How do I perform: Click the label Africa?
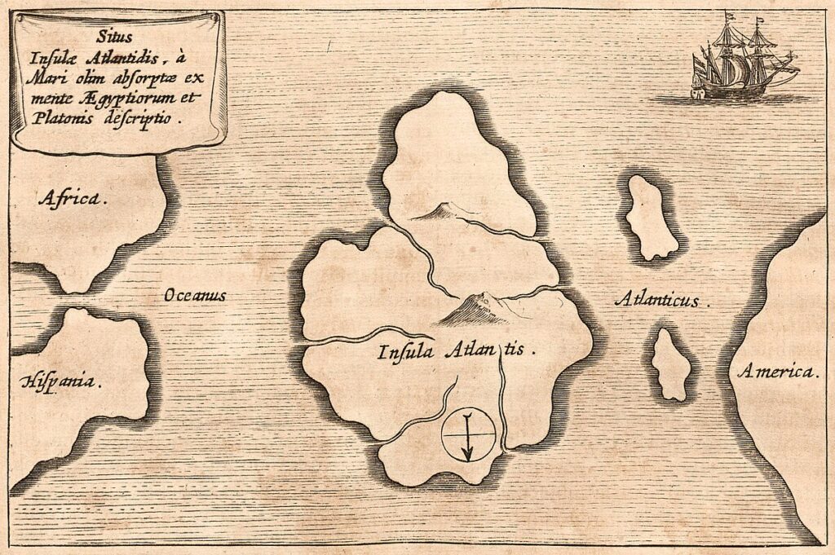click(x=73, y=198)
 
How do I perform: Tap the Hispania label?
click(x=62, y=381)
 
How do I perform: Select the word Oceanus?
click(x=195, y=295)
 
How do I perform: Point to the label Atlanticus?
click(x=661, y=301)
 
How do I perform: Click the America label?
click(x=777, y=372)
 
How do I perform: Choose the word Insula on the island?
click(x=406, y=352)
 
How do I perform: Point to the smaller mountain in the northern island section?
click(x=436, y=213)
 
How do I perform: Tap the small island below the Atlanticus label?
click(x=671, y=365)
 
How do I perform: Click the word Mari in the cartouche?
click(x=56, y=78)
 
